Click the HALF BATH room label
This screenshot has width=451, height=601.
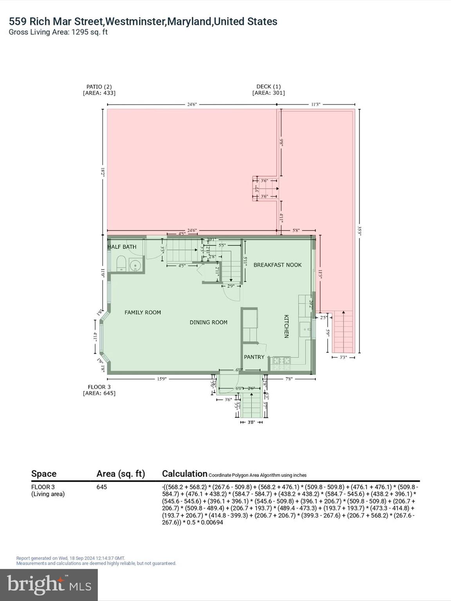tap(122, 247)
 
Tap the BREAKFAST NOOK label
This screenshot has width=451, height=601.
tap(277, 265)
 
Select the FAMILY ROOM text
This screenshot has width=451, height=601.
tap(143, 312)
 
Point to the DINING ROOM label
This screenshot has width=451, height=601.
tap(208, 322)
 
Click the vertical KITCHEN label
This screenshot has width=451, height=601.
tap(286, 326)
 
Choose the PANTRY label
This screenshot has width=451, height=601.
tap(254, 357)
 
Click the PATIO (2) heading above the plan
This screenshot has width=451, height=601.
tap(99, 86)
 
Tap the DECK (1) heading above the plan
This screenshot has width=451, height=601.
tap(268, 86)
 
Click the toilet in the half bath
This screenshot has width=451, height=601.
tap(121, 264)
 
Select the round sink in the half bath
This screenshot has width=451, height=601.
tap(135, 265)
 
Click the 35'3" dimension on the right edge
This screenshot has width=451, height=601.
tap(359, 230)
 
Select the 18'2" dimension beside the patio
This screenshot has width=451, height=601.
tap(103, 172)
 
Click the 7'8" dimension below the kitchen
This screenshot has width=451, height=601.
tap(289, 379)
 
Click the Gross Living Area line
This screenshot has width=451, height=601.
tap(58, 32)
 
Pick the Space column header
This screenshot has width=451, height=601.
tap(44, 474)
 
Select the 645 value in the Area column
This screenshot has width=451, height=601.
tap(101, 487)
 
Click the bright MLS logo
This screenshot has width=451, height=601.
tap(49, 585)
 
